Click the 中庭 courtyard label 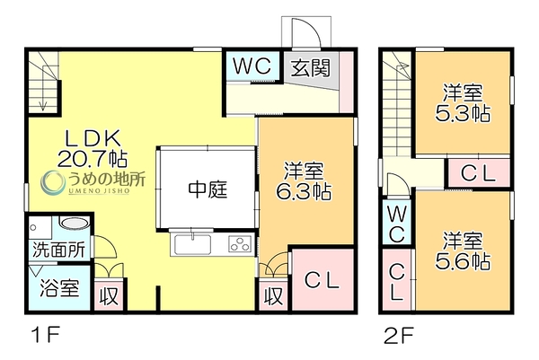tap(208, 190)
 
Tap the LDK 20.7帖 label tap(93, 148)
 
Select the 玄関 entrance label tap(311, 67)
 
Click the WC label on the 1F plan tap(252, 66)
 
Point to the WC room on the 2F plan tap(397, 224)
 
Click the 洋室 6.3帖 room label tap(305, 181)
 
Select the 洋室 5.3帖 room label tap(463, 102)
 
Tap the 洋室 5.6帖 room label tap(463, 251)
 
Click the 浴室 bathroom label tap(60, 288)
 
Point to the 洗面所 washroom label tap(58, 250)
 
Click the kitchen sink tap(192, 244)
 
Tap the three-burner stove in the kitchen tap(240, 244)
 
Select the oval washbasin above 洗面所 tap(75, 223)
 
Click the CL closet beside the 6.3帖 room tap(323, 281)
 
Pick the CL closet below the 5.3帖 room tap(478, 173)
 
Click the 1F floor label tap(46, 335)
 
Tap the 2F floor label tap(399, 335)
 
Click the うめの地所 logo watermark tap(93, 182)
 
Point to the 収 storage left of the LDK tap(109, 296)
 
